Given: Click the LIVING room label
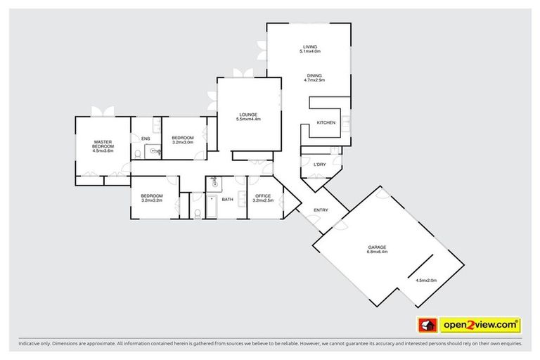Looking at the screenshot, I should pyautogui.click(x=310, y=46).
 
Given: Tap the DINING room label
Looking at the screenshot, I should pyautogui.click(x=314, y=76).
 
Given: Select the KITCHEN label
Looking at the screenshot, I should pyautogui.click(x=326, y=123).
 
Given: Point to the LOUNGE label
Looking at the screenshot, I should pyautogui.click(x=247, y=115).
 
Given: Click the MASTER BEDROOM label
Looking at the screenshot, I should pyautogui.click(x=103, y=144).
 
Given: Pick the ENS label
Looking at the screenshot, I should pyautogui.click(x=146, y=139).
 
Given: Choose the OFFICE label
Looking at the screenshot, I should pyautogui.click(x=263, y=195).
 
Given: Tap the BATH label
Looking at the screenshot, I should pyautogui.click(x=227, y=200).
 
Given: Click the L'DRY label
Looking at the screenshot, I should pyautogui.click(x=319, y=165).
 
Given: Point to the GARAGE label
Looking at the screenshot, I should pyautogui.click(x=377, y=247).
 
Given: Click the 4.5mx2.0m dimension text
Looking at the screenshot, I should pyautogui.click(x=426, y=281).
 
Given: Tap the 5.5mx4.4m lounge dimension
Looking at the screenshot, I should pyautogui.click(x=248, y=120).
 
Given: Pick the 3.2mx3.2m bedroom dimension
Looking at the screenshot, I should pyautogui.click(x=151, y=200).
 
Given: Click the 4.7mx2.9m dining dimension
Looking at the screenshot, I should pyautogui.click(x=314, y=80).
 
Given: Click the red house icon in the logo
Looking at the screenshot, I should pyautogui.click(x=426, y=326).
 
